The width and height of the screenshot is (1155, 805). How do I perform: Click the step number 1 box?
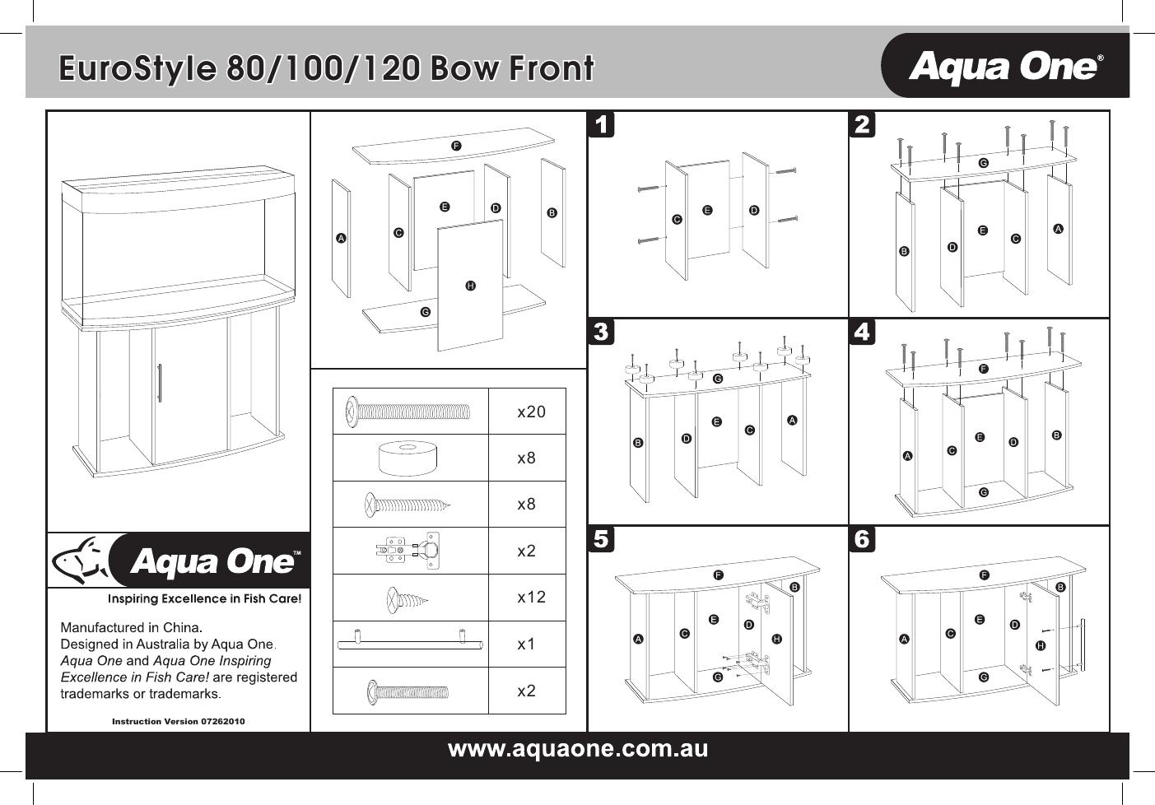point(603,125)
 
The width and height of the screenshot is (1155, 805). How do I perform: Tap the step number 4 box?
point(862,333)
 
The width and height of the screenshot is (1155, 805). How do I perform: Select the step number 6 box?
point(862,539)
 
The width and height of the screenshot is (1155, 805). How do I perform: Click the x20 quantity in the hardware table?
point(531,412)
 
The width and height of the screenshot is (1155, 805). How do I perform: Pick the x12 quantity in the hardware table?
point(531,597)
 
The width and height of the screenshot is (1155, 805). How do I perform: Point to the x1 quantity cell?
point(526,644)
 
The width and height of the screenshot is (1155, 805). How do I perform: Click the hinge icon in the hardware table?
point(409,550)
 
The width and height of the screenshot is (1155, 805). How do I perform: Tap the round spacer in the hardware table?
point(409,458)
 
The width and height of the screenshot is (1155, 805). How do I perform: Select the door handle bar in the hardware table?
point(409,643)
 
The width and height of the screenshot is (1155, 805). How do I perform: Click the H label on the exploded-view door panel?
point(470,286)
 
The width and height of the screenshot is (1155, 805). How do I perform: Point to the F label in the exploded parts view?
point(455,146)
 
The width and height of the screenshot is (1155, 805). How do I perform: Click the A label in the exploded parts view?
point(341,239)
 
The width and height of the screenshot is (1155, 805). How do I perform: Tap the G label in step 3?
point(717,379)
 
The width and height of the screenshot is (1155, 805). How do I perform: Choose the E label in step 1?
point(707,211)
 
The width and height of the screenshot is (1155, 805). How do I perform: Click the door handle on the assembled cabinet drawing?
point(158,384)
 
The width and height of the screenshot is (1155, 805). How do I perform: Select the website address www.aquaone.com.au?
point(577,749)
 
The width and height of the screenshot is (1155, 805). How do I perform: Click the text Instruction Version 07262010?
point(178,721)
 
